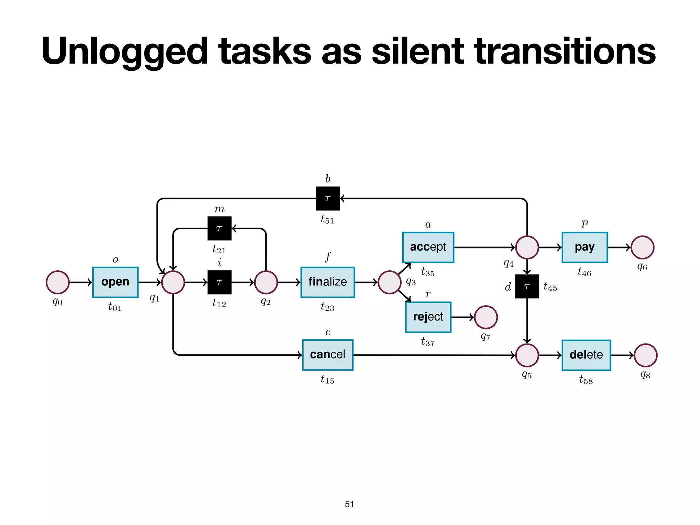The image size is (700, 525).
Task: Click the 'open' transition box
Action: pyautogui.click(x=115, y=282)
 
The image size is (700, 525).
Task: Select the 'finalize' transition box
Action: pyautogui.click(x=327, y=282)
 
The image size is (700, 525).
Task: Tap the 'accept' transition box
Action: pyautogui.click(x=428, y=247)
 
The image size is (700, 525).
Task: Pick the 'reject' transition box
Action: pyautogui.click(x=428, y=317)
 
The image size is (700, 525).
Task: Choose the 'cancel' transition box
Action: pyautogui.click(x=327, y=355)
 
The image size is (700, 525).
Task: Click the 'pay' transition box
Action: pyautogui.click(x=584, y=247)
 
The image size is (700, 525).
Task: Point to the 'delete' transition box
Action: pyautogui.click(x=586, y=355)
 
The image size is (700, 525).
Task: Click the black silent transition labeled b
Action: pyautogui.click(x=327, y=198)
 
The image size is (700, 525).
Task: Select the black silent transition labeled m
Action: pyautogui.click(x=219, y=228)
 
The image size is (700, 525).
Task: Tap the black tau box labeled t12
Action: pyautogui.click(x=219, y=282)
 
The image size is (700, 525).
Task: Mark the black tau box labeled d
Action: pyautogui.click(x=527, y=286)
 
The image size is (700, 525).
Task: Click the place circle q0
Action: pyautogui.click(x=58, y=282)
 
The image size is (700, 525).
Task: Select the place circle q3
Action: pyautogui.click(x=389, y=282)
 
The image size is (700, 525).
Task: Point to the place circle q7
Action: pyautogui.click(x=486, y=317)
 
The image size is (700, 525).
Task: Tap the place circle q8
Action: pyautogui.click(x=645, y=355)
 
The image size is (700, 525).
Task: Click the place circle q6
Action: pyautogui.click(x=642, y=247)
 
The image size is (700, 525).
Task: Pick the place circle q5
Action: pyautogui.click(x=527, y=355)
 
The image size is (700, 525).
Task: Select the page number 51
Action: pyautogui.click(x=349, y=504)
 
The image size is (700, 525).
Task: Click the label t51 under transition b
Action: pyautogui.click(x=327, y=219)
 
